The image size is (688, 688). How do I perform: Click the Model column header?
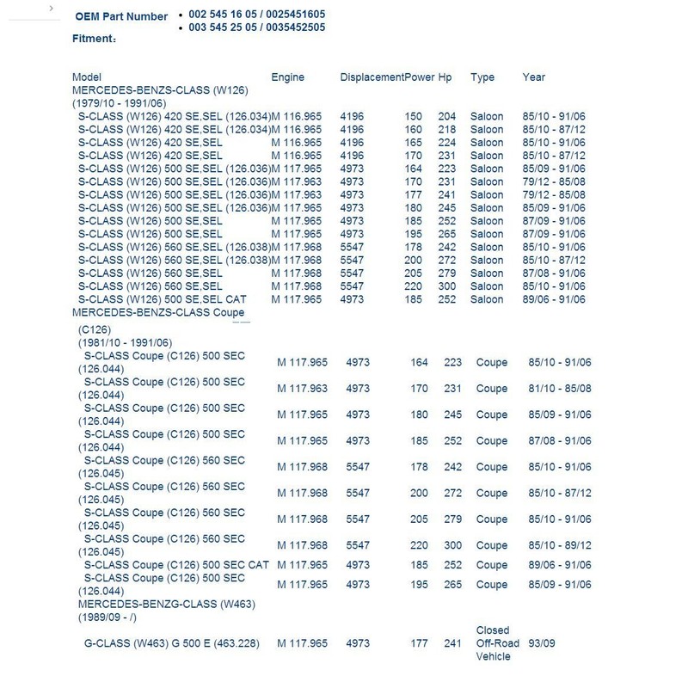coord(87,77)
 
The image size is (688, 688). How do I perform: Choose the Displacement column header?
coord(372,77)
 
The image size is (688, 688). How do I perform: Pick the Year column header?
coord(533,77)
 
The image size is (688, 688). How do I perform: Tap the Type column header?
coord(482,77)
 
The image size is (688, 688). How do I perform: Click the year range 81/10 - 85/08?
coord(559,389)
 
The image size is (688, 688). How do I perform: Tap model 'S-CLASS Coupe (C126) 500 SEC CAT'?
coord(176,565)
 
